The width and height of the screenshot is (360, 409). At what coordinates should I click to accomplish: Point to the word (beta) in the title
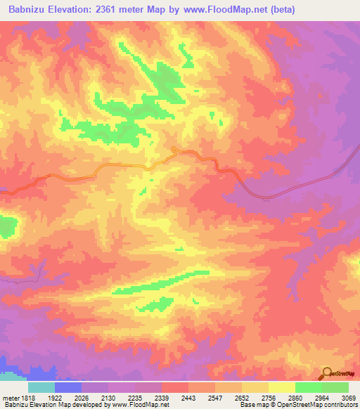[x=281, y=9]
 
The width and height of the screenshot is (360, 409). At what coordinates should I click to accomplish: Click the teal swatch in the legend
[x=41, y=387]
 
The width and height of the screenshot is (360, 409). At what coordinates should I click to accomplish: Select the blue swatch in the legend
[x=68, y=387]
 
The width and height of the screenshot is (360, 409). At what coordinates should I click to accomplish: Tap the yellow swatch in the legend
[x=281, y=387]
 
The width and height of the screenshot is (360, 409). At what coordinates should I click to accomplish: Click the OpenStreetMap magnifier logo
[x=327, y=373]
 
